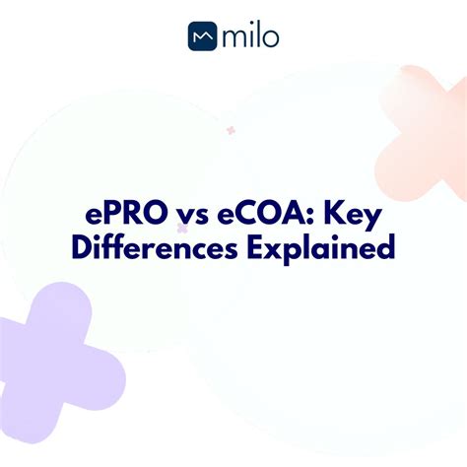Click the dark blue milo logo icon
[203, 37]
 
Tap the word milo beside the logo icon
[250, 37]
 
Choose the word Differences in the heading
[145, 246]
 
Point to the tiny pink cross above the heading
[231, 130]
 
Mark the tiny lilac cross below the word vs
[182, 229]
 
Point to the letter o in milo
[270, 38]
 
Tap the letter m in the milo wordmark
[233, 39]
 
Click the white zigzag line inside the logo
[203, 39]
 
